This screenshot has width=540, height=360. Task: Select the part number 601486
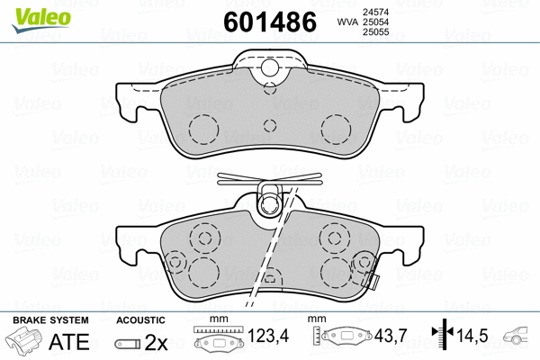tap(269, 21)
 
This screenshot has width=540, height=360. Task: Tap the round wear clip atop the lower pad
tap(268, 206)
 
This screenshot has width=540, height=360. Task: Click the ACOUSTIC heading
tap(140, 320)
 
